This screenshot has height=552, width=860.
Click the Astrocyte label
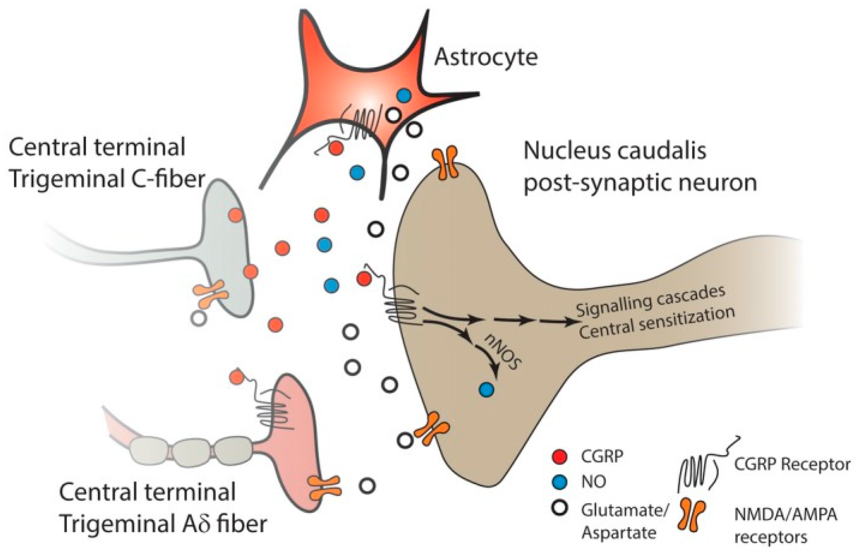point(486,57)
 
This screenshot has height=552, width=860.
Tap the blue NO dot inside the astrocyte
point(404,95)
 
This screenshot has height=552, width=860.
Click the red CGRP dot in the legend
point(559,456)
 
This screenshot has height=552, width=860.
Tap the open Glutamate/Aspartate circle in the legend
point(559,507)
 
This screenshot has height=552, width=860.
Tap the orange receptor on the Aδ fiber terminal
point(324,488)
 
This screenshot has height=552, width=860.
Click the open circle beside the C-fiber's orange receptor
point(199,318)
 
